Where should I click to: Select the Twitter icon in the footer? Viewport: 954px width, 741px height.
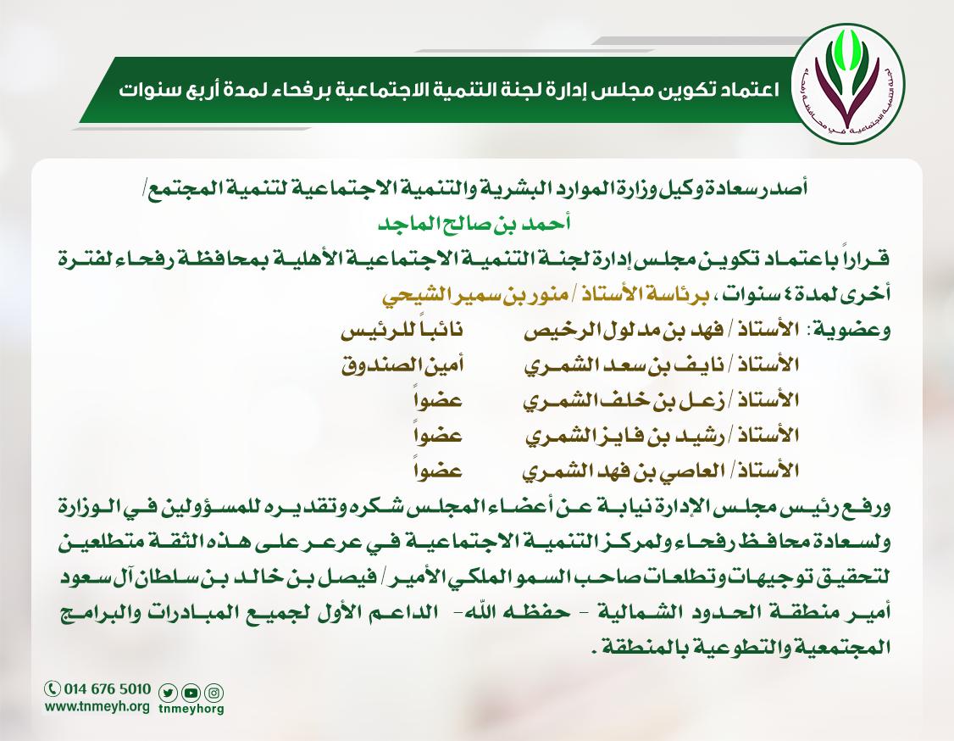(168, 692)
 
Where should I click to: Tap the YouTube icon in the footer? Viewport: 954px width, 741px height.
(191, 692)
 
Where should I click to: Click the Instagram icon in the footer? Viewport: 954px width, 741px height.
(214, 692)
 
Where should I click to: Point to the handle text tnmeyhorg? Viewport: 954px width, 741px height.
(191, 709)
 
